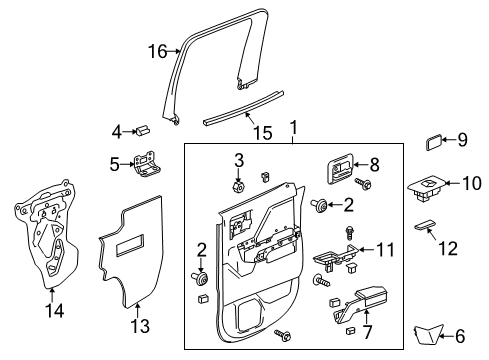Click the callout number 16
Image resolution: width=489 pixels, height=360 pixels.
point(155,50)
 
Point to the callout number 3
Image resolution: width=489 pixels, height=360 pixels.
point(238,160)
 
